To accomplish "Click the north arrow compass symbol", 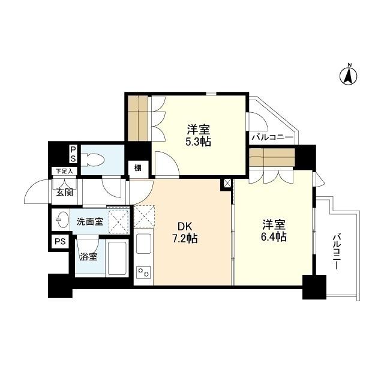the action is pos(348,76).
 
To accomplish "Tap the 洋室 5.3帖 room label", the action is pos(199,136).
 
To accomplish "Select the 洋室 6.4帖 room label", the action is pos(274,231).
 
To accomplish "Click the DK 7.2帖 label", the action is pos(185,233).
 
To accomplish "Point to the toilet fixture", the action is pos(94,160).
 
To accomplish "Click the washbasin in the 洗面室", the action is pos(61,220).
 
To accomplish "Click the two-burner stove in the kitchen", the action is pos(143,272).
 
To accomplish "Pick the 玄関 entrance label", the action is pos(65,193).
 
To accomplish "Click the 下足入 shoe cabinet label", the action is pos(64,171).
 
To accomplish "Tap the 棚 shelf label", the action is pos(138,168).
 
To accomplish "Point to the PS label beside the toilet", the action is pos(73,154).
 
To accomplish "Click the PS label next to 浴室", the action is pos(60,241).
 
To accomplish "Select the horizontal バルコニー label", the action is pos(272,137).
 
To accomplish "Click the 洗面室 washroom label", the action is pos(90,222).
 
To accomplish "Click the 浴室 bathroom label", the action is pos(88,256).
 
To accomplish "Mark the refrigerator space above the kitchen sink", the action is pos(144,217).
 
